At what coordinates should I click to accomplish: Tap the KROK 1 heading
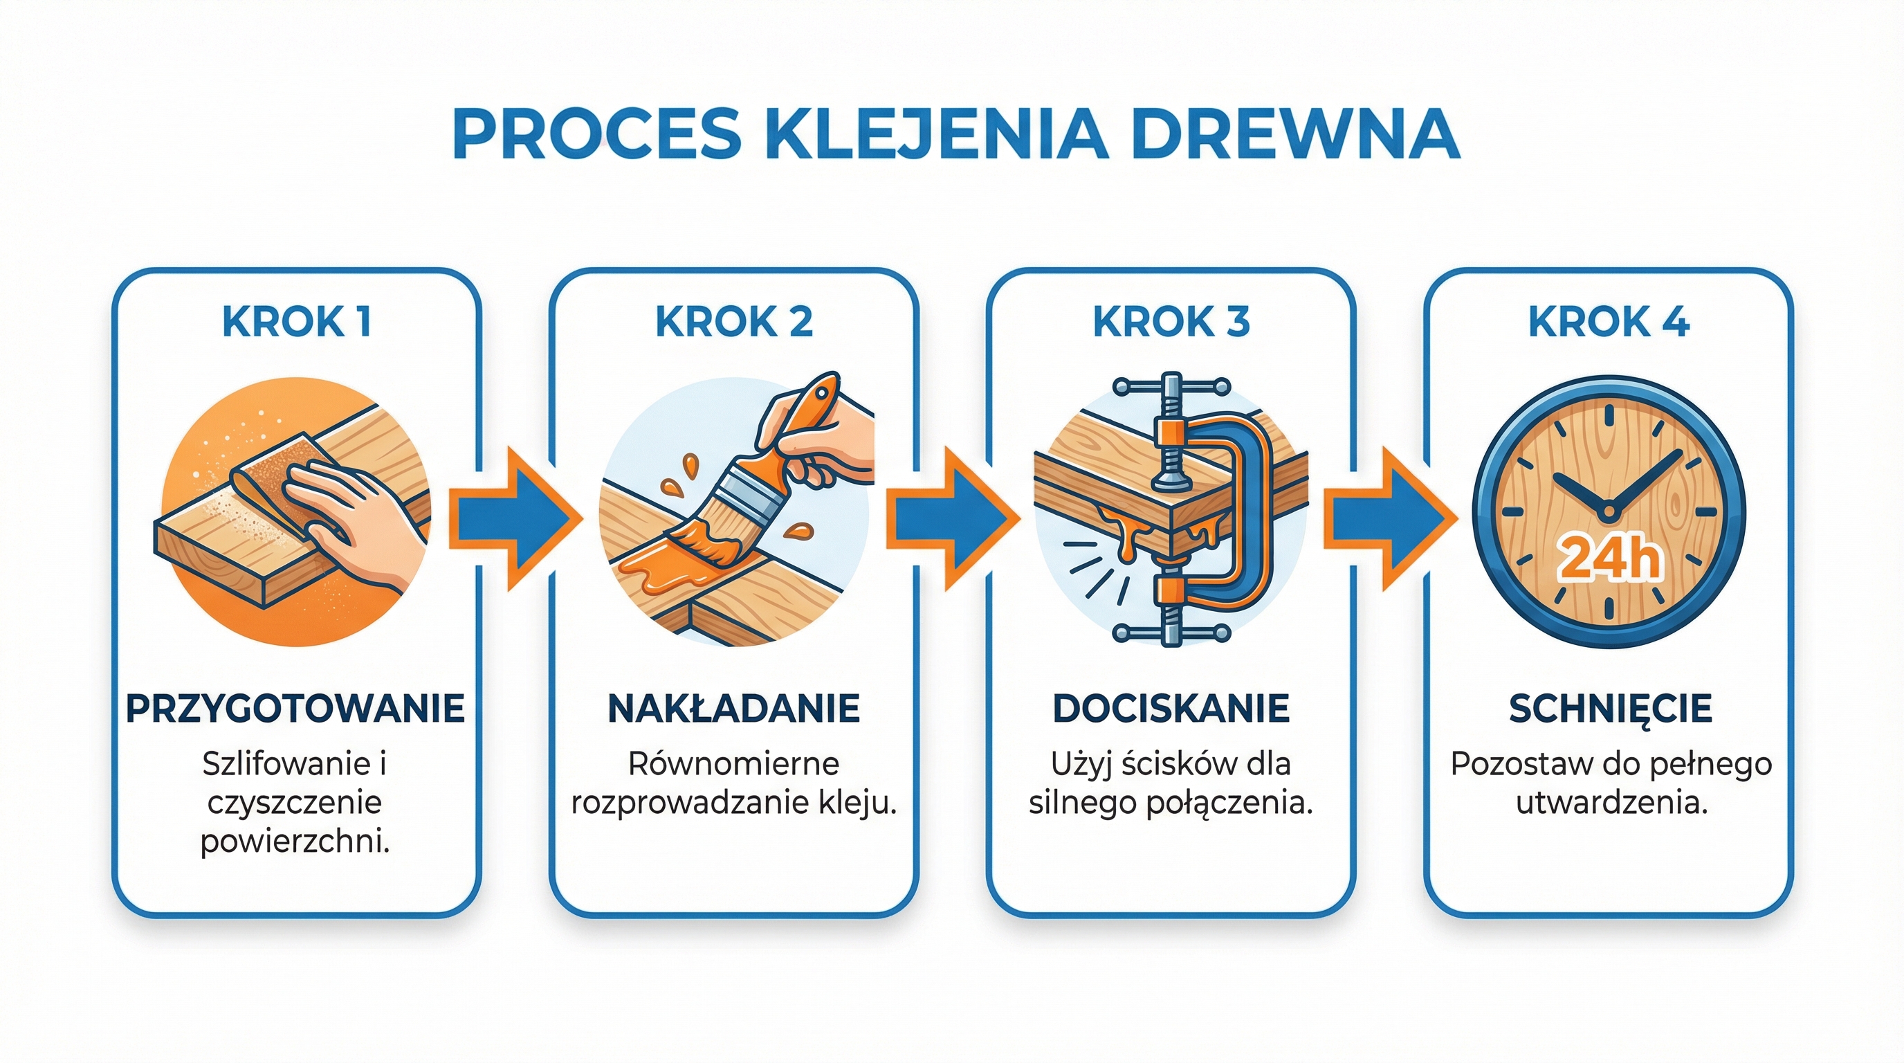click(296, 322)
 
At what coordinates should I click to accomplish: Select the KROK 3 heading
click(1171, 322)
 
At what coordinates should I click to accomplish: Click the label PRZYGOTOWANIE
click(295, 708)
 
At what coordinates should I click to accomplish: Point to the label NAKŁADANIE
click(733, 708)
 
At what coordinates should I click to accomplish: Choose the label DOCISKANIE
click(1171, 708)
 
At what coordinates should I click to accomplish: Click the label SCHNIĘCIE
click(1610, 708)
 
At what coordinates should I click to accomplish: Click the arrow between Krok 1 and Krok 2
click(513, 518)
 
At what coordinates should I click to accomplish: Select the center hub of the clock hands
click(1609, 511)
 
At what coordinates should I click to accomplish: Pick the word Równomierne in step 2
click(733, 764)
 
